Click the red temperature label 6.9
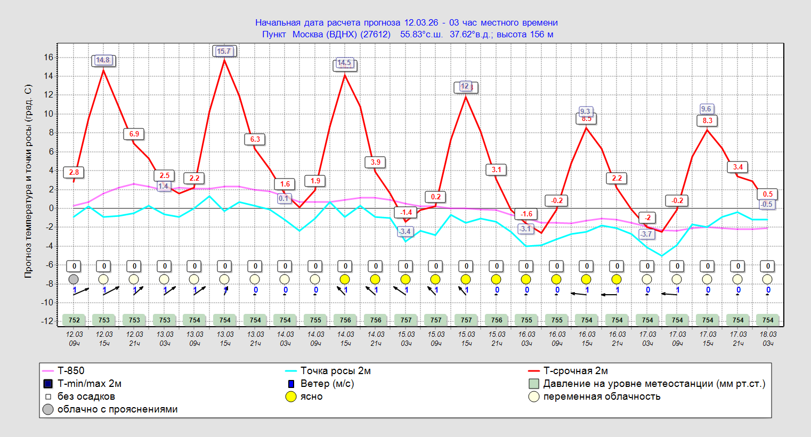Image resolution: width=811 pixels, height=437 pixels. point(134,134)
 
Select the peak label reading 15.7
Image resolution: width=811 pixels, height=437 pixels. point(224,51)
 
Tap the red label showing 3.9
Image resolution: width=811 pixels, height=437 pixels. point(376,162)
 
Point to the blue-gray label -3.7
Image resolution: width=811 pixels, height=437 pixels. point(646,234)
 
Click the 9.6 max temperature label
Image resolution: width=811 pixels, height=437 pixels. point(706,109)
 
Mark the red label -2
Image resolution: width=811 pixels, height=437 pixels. point(647,217)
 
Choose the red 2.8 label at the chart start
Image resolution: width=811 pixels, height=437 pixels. point(74,172)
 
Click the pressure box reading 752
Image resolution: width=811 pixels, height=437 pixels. point(74,320)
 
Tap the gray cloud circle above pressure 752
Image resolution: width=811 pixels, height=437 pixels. point(74,279)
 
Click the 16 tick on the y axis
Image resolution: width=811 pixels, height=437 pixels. point(48,58)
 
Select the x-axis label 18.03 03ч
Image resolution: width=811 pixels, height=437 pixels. point(768,338)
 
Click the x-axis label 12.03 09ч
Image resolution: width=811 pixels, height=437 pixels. point(74,338)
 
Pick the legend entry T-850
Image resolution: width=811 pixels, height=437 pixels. point(71,371)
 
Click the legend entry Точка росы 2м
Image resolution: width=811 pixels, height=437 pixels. point(335,371)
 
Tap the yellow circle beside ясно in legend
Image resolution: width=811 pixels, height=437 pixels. point(291,396)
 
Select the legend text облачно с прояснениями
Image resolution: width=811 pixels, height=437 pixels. point(117,409)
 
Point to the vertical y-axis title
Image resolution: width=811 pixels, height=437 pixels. point(28,181)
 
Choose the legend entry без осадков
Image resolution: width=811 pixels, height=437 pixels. point(86,396)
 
